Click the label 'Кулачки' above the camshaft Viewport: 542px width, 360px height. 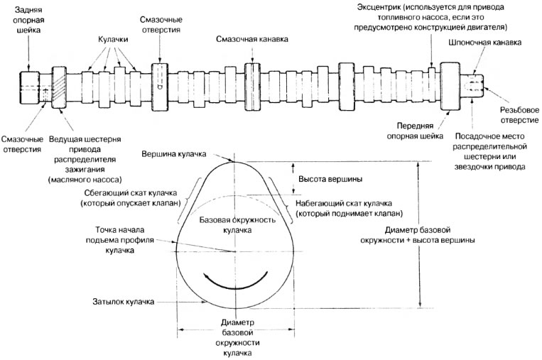[112, 34]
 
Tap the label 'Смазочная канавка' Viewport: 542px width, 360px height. [252, 38]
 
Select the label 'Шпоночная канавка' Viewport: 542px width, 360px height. [485, 43]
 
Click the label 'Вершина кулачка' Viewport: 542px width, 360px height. [173, 153]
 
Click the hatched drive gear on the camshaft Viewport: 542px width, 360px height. [59, 89]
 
